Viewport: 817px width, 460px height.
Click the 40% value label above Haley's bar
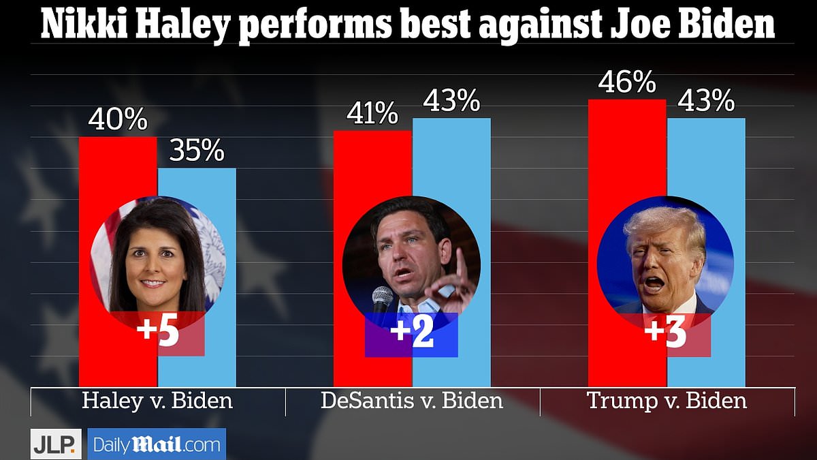pos(118,121)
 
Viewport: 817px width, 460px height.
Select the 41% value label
pos(372,114)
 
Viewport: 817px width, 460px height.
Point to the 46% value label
pos(627,83)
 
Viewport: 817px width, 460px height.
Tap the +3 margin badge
pos(665,335)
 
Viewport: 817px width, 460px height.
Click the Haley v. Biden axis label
pos(157,400)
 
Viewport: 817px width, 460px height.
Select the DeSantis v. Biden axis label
pos(412,400)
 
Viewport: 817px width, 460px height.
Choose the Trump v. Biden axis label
pos(667,400)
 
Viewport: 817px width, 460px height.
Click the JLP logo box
pos(56,444)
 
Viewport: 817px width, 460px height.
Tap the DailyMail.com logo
pos(157,444)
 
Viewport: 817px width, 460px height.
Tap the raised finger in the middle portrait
pos(460,262)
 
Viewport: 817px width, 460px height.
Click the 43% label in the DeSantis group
pos(451,102)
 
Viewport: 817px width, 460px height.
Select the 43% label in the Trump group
pos(706,102)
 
